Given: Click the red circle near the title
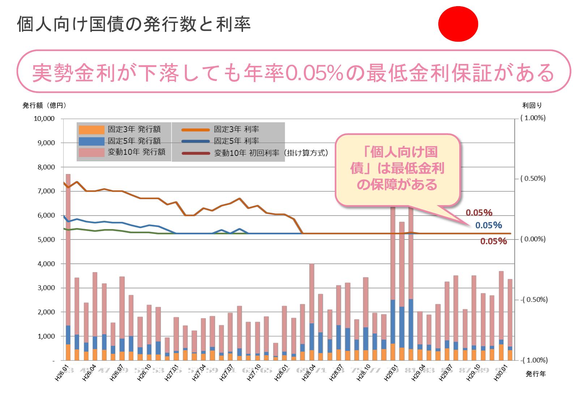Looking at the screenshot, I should coord(458,24).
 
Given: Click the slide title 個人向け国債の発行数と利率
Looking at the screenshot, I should coord(134,24).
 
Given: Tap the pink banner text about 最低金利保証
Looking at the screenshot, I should coord(293,72).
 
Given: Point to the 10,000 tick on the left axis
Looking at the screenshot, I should coord(44,119).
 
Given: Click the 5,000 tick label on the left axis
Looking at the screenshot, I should coord(46,239).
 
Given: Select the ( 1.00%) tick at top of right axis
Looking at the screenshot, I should coord(533,118).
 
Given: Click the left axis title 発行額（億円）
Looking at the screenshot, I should coord(44,105).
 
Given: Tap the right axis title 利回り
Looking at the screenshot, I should coord(532,105).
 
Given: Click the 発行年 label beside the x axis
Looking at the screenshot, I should coord(536,374).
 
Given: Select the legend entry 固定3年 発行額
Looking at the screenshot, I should coord(134,130).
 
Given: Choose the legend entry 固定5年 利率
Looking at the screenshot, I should coord(236,141).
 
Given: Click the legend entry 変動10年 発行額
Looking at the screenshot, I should coord(136,152).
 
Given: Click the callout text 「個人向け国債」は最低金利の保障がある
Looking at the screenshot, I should coord(397,168).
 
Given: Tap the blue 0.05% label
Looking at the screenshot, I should coord(489,225).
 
